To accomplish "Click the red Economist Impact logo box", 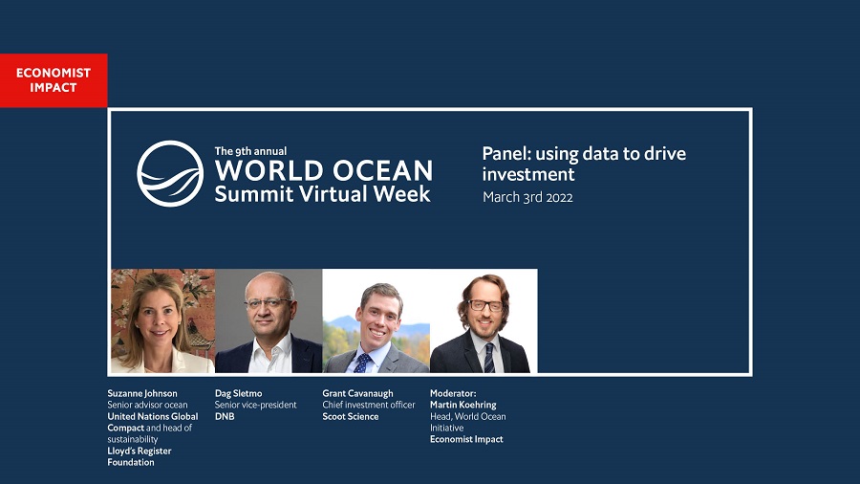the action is pyautogui.click(x=54, y=80).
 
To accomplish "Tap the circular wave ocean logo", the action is pyautogui.click(x=170, y=173).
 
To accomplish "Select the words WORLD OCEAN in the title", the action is pyautogui.click(x=324, y=170).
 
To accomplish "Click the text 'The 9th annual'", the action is pyautogui.click(x=250, y=151).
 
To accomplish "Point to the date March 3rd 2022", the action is pyautogui.click(x=527, y=197).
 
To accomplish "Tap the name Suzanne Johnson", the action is pyautogui.click(x=142, y=393).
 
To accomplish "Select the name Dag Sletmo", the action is pyautogui.click(x=239, y=393).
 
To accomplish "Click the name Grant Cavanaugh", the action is pyautogui.click(x=357, y=393).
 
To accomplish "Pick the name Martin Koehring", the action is pyautogui.click(x=462, y=405).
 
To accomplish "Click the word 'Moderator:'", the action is pyautogui.click(x=453, y=393).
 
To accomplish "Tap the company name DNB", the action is pyautogui.click(x=225, y=416).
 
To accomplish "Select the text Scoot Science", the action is pyautogui.click(x=351, y=416).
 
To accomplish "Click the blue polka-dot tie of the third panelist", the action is pyautogui.click(x=362, y=363).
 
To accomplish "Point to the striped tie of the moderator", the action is pyautogui.click(x=488, y=357).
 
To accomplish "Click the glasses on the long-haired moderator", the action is pyautogui.click(x=484, y=306).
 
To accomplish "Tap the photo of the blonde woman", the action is pyautogui.click(x=162, y=321).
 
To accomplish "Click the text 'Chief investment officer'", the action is pyautogui.click(x=369, y=405).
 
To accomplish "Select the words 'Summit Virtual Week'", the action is pyautogui.click(x=323, y=194).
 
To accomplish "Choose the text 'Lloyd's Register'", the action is pyautogui.click(x=140, y=451).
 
